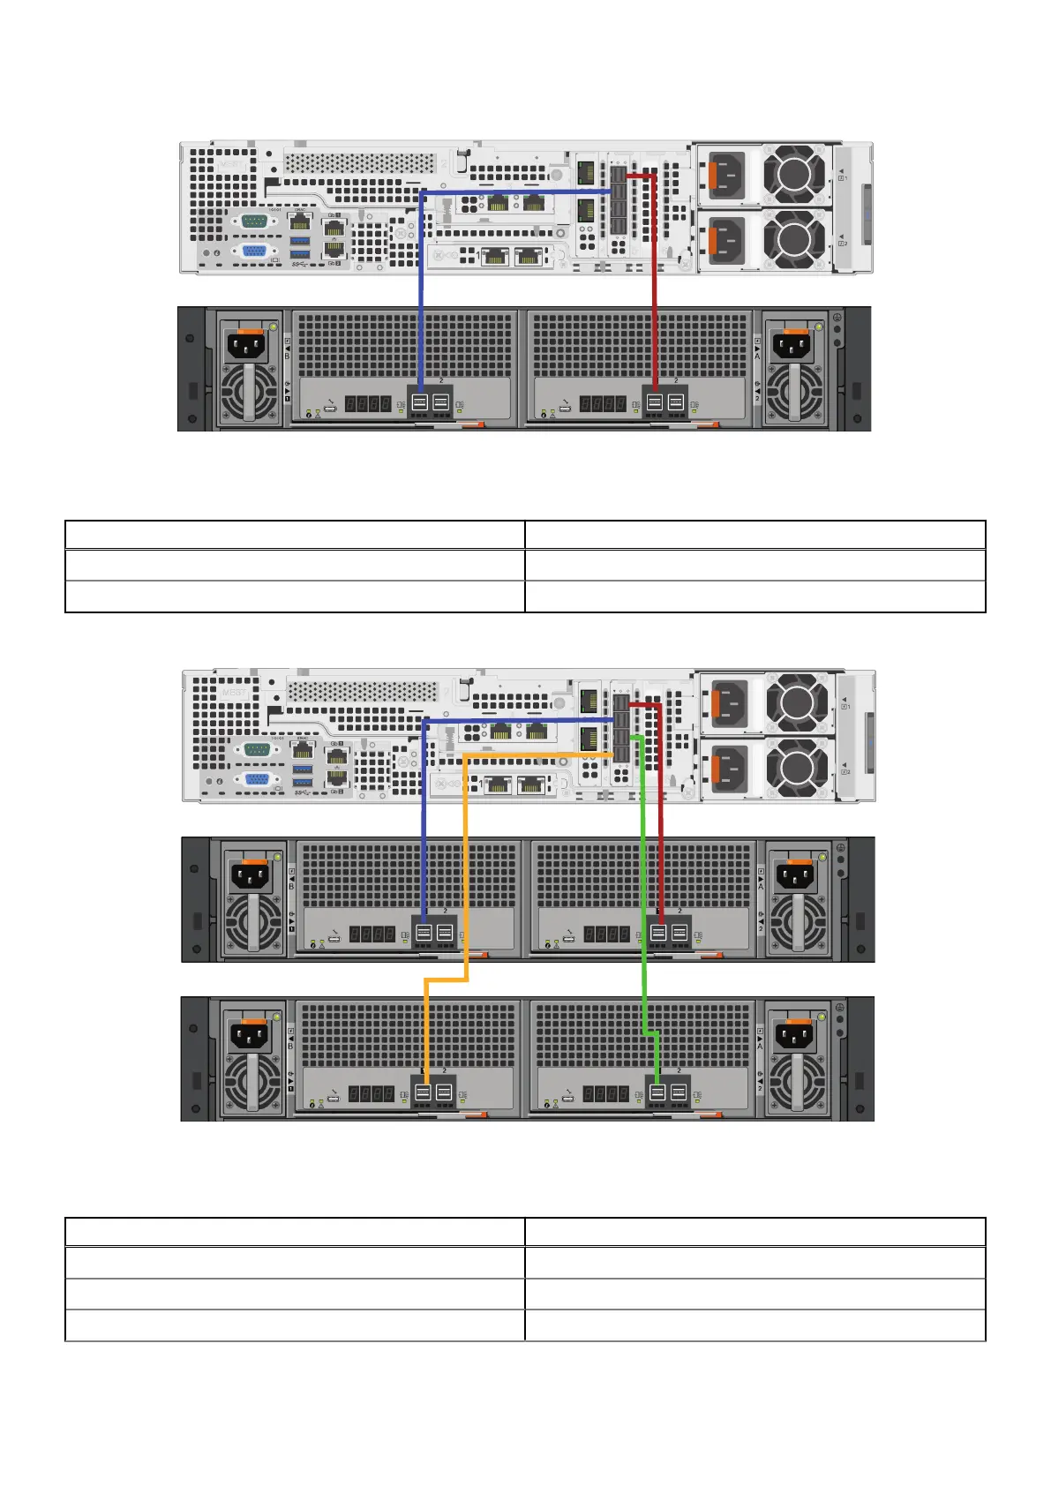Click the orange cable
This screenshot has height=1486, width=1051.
coord(465,865)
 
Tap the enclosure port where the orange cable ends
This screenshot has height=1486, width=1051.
coord(423,1092)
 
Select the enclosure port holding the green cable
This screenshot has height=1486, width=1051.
coord(657,1092)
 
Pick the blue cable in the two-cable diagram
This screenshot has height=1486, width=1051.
coord(421,291)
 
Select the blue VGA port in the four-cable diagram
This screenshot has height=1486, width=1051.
coord(257,779)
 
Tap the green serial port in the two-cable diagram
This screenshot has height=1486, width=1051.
coord(254,221)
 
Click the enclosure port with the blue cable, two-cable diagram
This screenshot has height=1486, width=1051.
coord(419,403)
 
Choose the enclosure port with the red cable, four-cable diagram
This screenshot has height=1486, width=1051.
coord(658,932)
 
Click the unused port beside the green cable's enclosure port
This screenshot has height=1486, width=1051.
coord(679,1092)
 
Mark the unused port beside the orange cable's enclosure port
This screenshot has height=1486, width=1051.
coord(444,1092)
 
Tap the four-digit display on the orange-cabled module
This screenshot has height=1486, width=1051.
coord(371,1094)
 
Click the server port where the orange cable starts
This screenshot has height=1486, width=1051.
coord(620,755)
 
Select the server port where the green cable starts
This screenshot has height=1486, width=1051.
coord(620,738)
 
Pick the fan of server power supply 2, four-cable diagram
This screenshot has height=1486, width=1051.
coord(797,767)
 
